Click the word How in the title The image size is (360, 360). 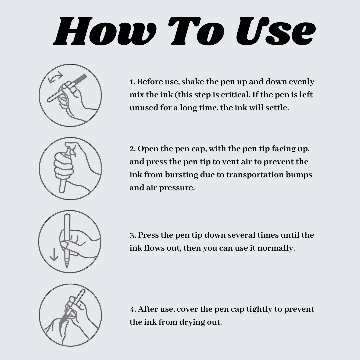tap(105, 31)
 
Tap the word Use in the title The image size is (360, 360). tap(276, 31)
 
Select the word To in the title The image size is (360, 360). tap(196, 31)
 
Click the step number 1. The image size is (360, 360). tap(132, 82)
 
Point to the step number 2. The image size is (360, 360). tap(132, 149)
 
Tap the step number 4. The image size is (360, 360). tap(133, 309)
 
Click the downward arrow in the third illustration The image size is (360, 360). tap(54, 254)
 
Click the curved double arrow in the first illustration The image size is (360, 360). tap(55, 77)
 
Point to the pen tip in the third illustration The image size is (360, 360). tap(67, 264)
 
